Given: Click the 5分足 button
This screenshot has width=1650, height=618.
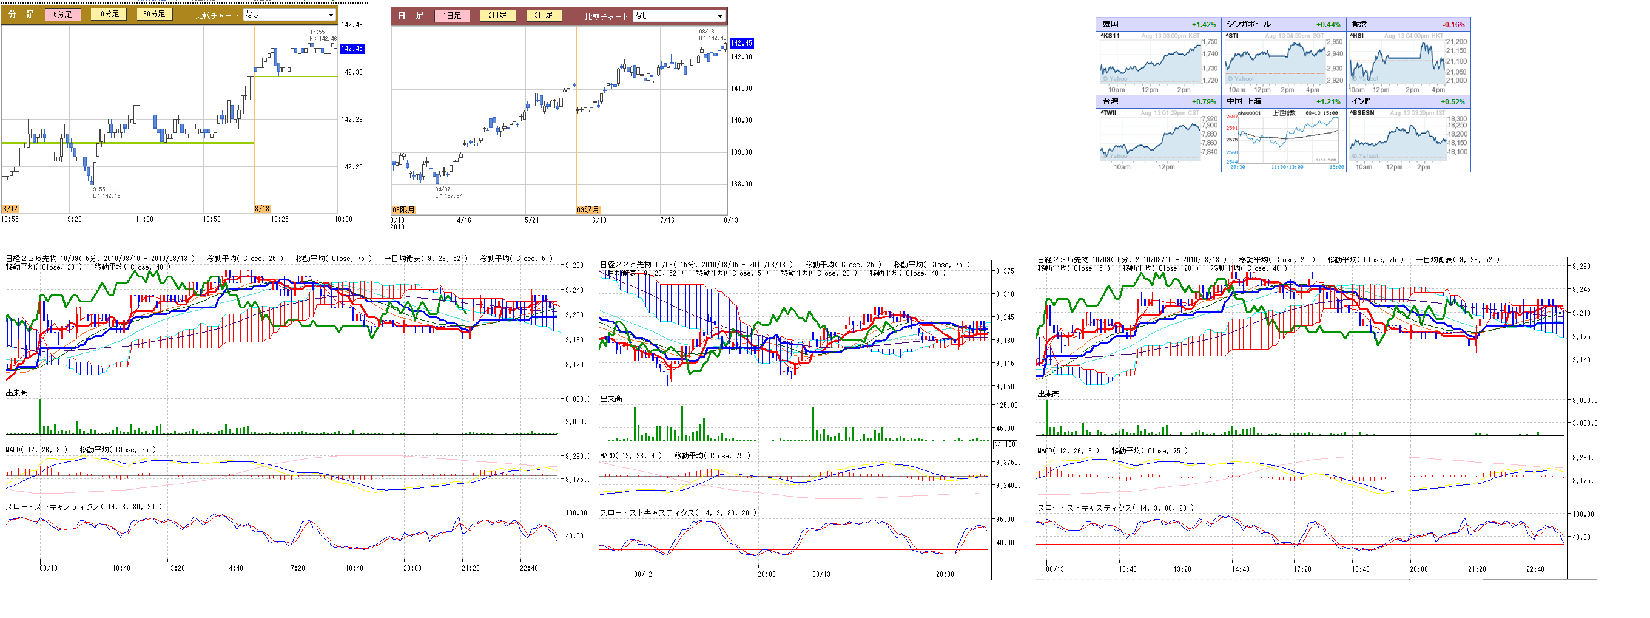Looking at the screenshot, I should pos(62,14).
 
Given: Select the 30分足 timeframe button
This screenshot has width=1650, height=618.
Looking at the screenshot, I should pos(154,14).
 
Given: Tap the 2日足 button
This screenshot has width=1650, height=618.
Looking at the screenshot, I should pos(497,15).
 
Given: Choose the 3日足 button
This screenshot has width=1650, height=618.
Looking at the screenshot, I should pos(543,15).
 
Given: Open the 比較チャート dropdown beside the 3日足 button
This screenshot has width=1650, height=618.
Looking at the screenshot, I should pos(679,16).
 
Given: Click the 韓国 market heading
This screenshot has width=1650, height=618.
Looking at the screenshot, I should pos(1110,24).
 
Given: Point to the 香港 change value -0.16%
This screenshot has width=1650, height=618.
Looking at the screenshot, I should pos(1453,25).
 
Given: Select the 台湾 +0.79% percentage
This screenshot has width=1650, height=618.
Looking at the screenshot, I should pos(1204,102).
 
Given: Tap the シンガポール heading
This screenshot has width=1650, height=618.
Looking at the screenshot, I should pos(1248,24).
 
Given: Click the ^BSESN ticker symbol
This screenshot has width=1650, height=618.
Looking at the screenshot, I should pos(1362,113).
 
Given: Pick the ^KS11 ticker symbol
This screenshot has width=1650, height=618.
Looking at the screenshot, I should pos(1110,36).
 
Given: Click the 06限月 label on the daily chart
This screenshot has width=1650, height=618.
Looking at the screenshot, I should pos(403,209).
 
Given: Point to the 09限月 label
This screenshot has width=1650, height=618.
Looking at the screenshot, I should pos(588,209).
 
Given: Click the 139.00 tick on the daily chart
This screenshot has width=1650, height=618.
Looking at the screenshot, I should pos(741,152).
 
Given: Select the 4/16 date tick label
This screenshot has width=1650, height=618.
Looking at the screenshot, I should pos(463,220).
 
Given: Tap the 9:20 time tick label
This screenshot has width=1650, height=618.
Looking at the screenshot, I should pos(74,219).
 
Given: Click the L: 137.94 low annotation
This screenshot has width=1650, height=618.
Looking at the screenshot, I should pos(448,196).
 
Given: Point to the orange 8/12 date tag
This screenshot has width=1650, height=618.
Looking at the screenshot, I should pos(10,209).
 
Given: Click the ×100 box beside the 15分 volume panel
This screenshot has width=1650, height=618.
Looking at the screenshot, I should pos(1005,444).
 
